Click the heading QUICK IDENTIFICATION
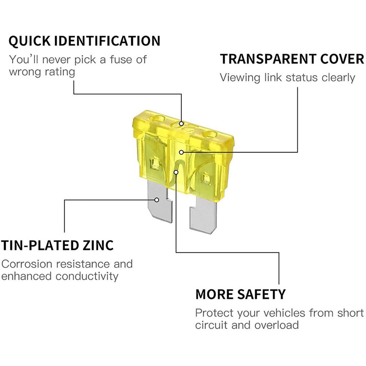tap(84, 41)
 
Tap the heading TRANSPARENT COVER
tap(292, 59)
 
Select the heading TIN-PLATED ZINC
tap(57, 246)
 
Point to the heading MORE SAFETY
tap(241, 294)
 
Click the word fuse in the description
tap(113, 59)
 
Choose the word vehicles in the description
tap(285, 313)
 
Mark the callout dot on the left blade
tap(157, 200)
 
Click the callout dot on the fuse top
tap(182, 124)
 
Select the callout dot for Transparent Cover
tap(182, 152)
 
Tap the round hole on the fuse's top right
tap(209, 135)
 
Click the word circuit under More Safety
tap(211, 325)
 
